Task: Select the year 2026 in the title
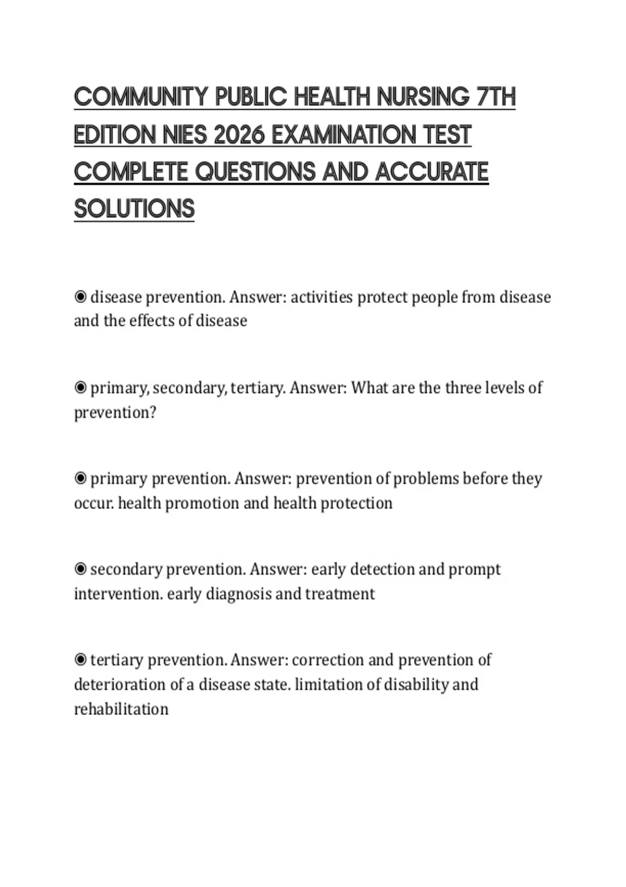238,135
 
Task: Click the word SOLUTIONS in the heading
134,209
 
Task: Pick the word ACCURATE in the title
431,172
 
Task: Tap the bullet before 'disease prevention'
80,297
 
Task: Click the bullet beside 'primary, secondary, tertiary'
80,388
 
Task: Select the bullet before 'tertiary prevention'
80,660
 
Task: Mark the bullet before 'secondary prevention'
80,569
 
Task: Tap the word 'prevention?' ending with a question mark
115,413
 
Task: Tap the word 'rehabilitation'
121,709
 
